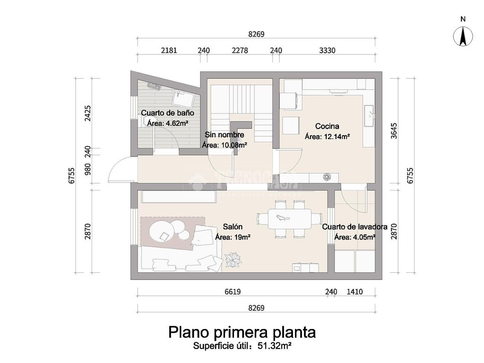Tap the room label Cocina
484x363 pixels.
(327, 126)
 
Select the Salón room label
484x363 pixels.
(232, 227)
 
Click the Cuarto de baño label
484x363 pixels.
(168, 113)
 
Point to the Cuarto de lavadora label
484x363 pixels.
(354, 227)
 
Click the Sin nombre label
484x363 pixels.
(224, 135)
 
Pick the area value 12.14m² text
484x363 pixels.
(327, 137)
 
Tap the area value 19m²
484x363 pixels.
(233, 237)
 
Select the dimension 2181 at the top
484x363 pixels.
(169, 51)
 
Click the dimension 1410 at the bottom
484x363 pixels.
(354, 292)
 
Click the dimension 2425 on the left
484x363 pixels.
(87, 113)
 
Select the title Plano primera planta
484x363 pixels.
(242, 332)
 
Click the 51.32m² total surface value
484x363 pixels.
(274, 346)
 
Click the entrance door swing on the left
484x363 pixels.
(121, 170)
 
